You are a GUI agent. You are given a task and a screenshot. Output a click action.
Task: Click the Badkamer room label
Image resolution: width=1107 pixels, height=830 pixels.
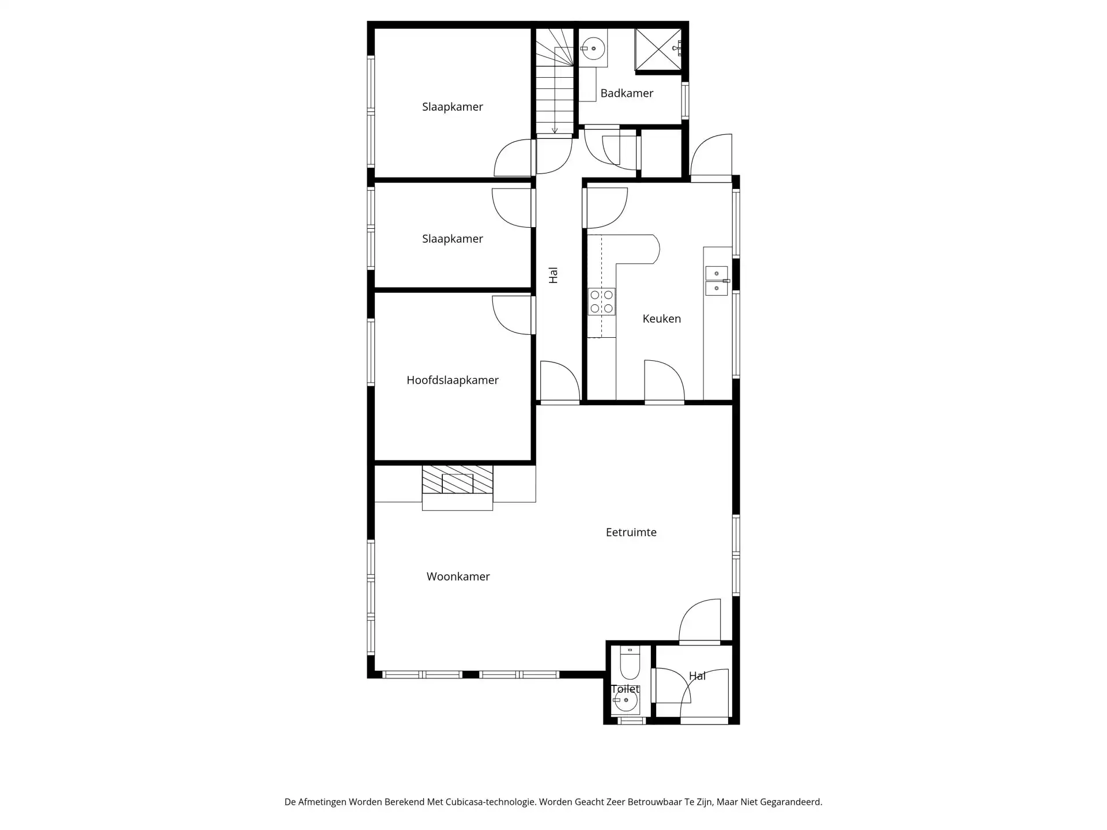click(x=627, y=93)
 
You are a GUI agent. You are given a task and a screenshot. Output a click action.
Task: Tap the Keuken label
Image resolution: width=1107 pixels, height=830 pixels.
click(x=662, y=319)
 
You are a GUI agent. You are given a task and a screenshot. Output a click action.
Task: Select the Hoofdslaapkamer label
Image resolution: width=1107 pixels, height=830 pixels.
click(x=453, y=380)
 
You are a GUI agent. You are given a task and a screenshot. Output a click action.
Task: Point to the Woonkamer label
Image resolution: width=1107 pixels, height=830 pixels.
click(x=458, y=576)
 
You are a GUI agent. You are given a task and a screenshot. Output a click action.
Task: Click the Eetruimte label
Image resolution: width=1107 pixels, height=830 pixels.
click(x=631, y=533)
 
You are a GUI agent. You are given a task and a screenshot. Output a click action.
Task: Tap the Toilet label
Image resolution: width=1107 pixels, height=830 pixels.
click(x=626, y=689)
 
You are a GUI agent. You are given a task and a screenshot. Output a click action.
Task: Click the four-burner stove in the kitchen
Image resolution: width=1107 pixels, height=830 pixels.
click(x=601, y=302)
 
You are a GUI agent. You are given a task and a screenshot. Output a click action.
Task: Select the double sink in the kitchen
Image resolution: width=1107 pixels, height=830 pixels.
click(x=717, y=281)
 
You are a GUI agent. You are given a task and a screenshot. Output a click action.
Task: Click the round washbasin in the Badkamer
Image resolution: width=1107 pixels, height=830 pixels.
click(x=593, y=48)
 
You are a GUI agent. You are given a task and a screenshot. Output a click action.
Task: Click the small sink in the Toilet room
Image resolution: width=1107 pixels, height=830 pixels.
click(x=626, y=701)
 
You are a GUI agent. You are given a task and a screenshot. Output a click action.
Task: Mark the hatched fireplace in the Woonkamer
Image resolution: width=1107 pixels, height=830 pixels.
click(x=458, y=480)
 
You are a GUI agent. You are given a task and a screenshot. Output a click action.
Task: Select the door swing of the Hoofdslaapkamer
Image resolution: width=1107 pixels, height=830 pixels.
click(x=511, y=315)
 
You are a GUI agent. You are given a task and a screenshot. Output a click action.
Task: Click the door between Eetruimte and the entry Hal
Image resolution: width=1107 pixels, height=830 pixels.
click(x=700, y=621)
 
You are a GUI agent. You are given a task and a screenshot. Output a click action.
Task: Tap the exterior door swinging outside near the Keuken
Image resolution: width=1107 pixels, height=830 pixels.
click(x=711, y=156)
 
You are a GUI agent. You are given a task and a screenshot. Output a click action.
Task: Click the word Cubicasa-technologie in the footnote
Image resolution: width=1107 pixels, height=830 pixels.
click(x=491, y=802)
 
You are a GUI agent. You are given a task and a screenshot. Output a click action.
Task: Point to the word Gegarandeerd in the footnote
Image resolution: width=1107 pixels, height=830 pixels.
click(x=791, y=802)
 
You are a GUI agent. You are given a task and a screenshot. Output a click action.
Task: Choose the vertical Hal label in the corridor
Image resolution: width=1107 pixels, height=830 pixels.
click(x=553, y=276)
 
